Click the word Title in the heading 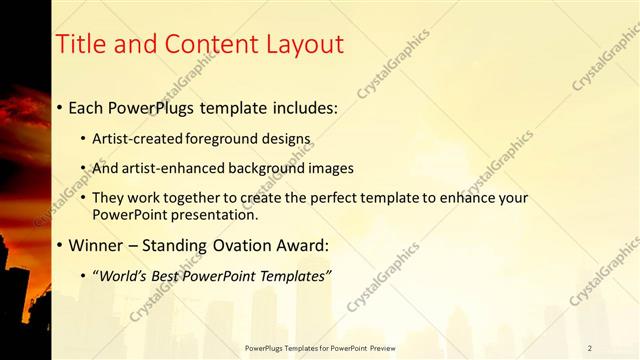coord(79,44)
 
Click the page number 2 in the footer coord(589,348)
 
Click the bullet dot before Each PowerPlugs coord(60,106)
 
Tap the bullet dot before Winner coord(60,245)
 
